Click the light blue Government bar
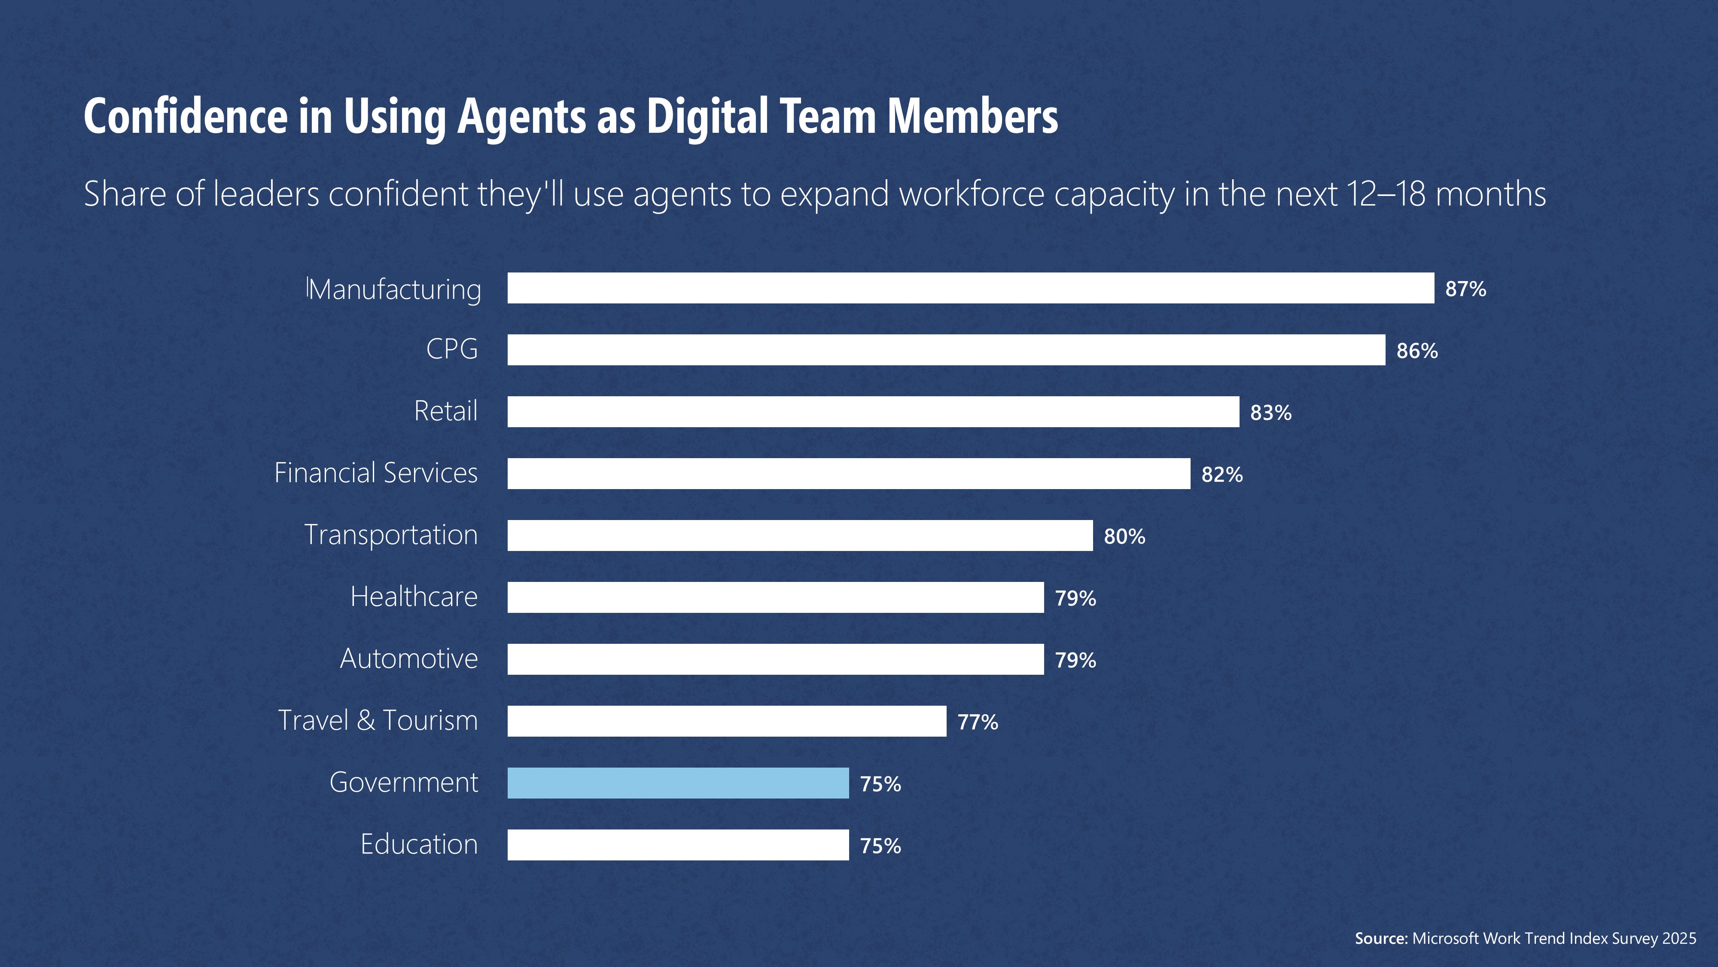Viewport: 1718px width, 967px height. point(678,783)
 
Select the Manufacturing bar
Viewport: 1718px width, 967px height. point(970,288)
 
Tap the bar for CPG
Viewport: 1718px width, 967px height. point(946,350)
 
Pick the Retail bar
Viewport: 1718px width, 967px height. point(873,412)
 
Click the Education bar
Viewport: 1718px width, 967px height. point(678,845)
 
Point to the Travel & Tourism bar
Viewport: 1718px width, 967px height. point(726,721)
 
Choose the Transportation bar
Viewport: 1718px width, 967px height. point(800,535)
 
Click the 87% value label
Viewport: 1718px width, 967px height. point(1465,289)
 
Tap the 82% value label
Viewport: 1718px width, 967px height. point(1222,474)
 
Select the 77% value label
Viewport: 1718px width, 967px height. point(978,722)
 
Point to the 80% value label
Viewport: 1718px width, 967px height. point(1124,536)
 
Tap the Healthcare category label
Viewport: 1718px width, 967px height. point(414,597)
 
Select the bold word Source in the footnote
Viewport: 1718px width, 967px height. point(1380,938)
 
